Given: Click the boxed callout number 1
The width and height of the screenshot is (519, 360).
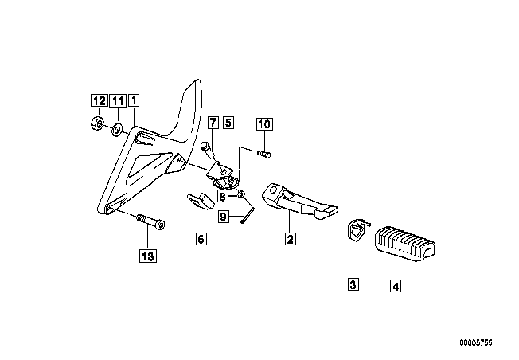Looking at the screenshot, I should pyautogui.click(x=135, y=101).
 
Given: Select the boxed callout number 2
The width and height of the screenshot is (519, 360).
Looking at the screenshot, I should pyautogui.click(x=291, y=237).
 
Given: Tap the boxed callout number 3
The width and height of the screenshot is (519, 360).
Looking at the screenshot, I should pyautogui.click(x=352, y=281).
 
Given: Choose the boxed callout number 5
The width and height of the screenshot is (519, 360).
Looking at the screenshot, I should pyautogui.click(x=228, y=123).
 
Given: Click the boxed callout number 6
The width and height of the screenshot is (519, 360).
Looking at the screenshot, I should pyautogui.click(x=201, y=237).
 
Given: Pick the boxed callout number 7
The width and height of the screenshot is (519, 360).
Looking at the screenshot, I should pyautogui.click(x=213, y=123).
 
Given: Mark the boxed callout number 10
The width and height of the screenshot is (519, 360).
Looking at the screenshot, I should pyautogui.click(x=264, y=123).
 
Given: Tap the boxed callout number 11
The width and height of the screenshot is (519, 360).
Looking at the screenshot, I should pyautogui.click(x=117, y=101).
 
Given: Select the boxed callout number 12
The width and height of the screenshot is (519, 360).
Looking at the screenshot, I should pyautogui.click(x=98, y=101).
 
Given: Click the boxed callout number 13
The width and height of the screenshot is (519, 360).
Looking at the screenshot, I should pyautogui.click(x=146, y=256).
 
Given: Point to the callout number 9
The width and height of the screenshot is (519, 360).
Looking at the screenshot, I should pyautogui.click(x=224, y=215).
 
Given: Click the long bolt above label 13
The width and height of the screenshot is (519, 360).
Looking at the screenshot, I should pyautogui.click(x=149, y=221).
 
